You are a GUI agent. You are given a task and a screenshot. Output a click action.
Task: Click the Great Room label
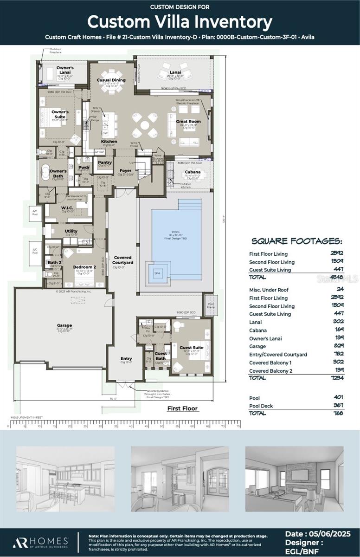coord(188,122)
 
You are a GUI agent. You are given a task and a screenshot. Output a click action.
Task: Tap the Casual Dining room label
coord(111,80)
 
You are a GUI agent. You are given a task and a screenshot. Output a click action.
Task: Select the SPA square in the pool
coord(157,273)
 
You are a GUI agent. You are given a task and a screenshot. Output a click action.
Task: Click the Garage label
coord(64,325)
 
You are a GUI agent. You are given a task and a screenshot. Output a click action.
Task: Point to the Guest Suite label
coord(192,347)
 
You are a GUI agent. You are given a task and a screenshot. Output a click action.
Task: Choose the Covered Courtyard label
coord(122,260)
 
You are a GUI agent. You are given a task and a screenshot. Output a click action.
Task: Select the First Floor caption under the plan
coord(182,408)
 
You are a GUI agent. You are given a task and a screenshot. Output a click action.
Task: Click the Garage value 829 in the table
coord(338,346)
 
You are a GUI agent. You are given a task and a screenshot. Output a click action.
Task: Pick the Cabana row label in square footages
coord(258,330)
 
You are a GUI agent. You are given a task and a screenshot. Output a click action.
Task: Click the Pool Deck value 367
coord(338,406)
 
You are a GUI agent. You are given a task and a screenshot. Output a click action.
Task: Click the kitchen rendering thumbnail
coord(65,479)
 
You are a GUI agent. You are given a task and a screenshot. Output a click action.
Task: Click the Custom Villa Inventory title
coord(180,22)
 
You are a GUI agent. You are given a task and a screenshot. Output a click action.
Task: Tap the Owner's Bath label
coord(58,173)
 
